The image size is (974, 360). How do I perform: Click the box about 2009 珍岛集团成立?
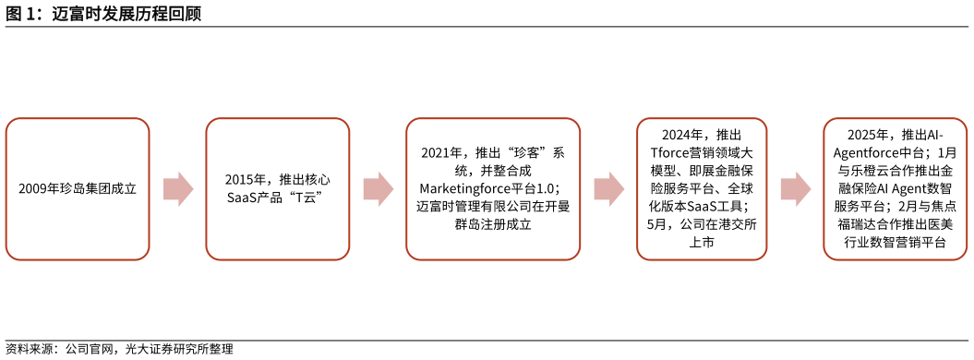tap(78, 189)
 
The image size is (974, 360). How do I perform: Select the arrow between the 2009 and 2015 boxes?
tap(178, 189)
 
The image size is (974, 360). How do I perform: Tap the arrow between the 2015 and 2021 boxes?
tap(378, 189)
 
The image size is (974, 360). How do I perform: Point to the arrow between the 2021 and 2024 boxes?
tap(608, 189)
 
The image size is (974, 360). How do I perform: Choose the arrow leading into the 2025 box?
tap(795, 189)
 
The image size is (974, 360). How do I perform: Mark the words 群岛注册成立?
tap(493, 223)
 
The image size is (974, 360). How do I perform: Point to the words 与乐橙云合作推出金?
tap(895, 170)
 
